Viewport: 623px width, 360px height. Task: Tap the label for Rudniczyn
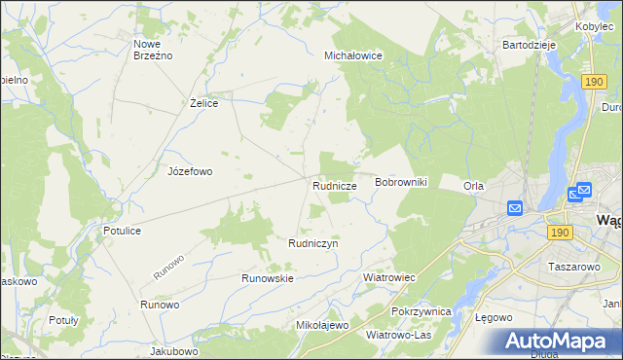312,243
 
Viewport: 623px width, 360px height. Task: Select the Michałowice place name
352,56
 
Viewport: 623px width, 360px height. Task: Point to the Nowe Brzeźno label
153,50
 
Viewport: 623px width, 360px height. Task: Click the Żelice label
203,102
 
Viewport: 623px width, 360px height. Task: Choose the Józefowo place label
190,171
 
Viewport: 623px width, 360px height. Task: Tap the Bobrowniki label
402,183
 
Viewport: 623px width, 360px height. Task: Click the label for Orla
474,186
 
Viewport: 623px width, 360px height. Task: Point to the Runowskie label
268,277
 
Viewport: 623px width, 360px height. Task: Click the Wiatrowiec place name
389,277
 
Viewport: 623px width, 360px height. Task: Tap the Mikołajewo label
322,325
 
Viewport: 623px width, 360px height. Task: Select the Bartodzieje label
529,45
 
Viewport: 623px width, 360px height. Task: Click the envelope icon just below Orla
515,207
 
